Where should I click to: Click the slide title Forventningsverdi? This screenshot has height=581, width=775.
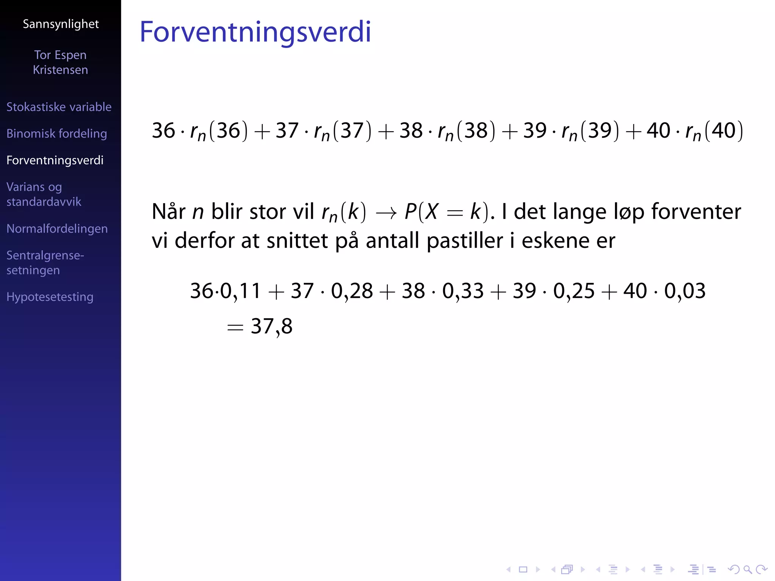(255, 32)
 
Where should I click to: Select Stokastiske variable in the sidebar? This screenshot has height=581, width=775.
(59, 107)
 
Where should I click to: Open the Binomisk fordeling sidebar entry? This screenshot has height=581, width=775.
(57, 134)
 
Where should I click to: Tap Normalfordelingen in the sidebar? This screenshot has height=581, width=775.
(57, 228)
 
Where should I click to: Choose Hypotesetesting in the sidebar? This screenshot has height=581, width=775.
(50, 297)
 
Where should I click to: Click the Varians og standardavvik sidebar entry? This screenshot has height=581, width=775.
(44, 194)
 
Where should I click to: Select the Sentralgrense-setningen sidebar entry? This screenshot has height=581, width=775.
(45, 263)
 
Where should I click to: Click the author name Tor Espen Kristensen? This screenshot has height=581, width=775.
(61, 62)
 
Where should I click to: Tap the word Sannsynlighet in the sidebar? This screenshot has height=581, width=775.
(61, 24)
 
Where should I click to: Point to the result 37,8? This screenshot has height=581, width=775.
(271, 326)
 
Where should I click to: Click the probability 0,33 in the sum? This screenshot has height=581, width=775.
(463, 291)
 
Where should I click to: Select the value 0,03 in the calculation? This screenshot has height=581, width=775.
(685, 291)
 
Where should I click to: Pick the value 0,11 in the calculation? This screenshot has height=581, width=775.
(241, 291)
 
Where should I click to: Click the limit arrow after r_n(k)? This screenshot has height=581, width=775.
(386, 213)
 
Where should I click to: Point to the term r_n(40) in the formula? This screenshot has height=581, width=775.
(714, 131)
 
